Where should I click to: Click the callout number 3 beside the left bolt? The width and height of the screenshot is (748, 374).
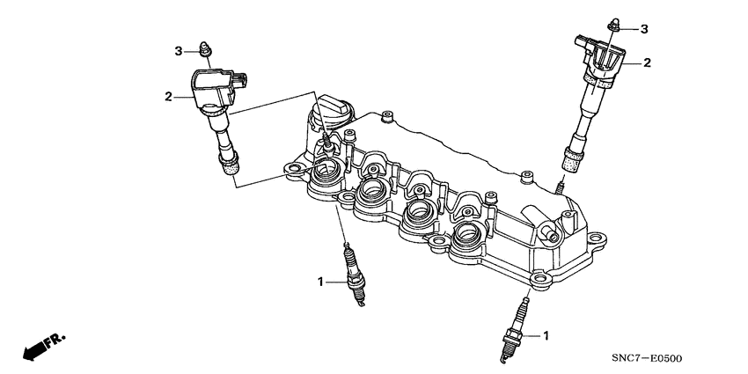click(x=179, y=49)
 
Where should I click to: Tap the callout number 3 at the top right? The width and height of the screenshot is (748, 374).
click(x=643, y=29)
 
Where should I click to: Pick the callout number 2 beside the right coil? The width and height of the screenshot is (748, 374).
click(x=647, y=62)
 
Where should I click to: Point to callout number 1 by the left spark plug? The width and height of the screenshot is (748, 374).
click(x=321, y=282)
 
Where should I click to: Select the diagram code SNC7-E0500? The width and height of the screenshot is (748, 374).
click(x=649, y=357)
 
